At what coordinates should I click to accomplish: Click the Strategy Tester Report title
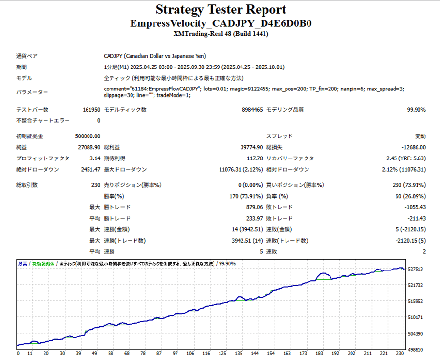tap(221, 10)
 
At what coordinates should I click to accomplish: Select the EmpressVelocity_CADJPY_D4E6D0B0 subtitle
tap(221, 23)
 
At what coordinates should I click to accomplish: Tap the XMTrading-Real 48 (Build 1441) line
tap(221, 34)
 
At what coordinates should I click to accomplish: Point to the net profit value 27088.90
tap(89, 147)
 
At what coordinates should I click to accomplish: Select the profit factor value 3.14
tap(94, 158)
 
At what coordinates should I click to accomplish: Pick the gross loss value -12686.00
tap(411, 147)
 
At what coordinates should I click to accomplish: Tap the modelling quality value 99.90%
tap(416, 110)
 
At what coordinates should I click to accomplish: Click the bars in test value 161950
tap(91, 110)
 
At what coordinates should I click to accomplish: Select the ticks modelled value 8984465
tap(252, 110)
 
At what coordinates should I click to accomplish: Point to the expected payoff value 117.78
tap(254, 158)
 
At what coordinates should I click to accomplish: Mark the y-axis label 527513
tap(417, 270)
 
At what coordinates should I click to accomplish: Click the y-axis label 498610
tap(417, 350)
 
